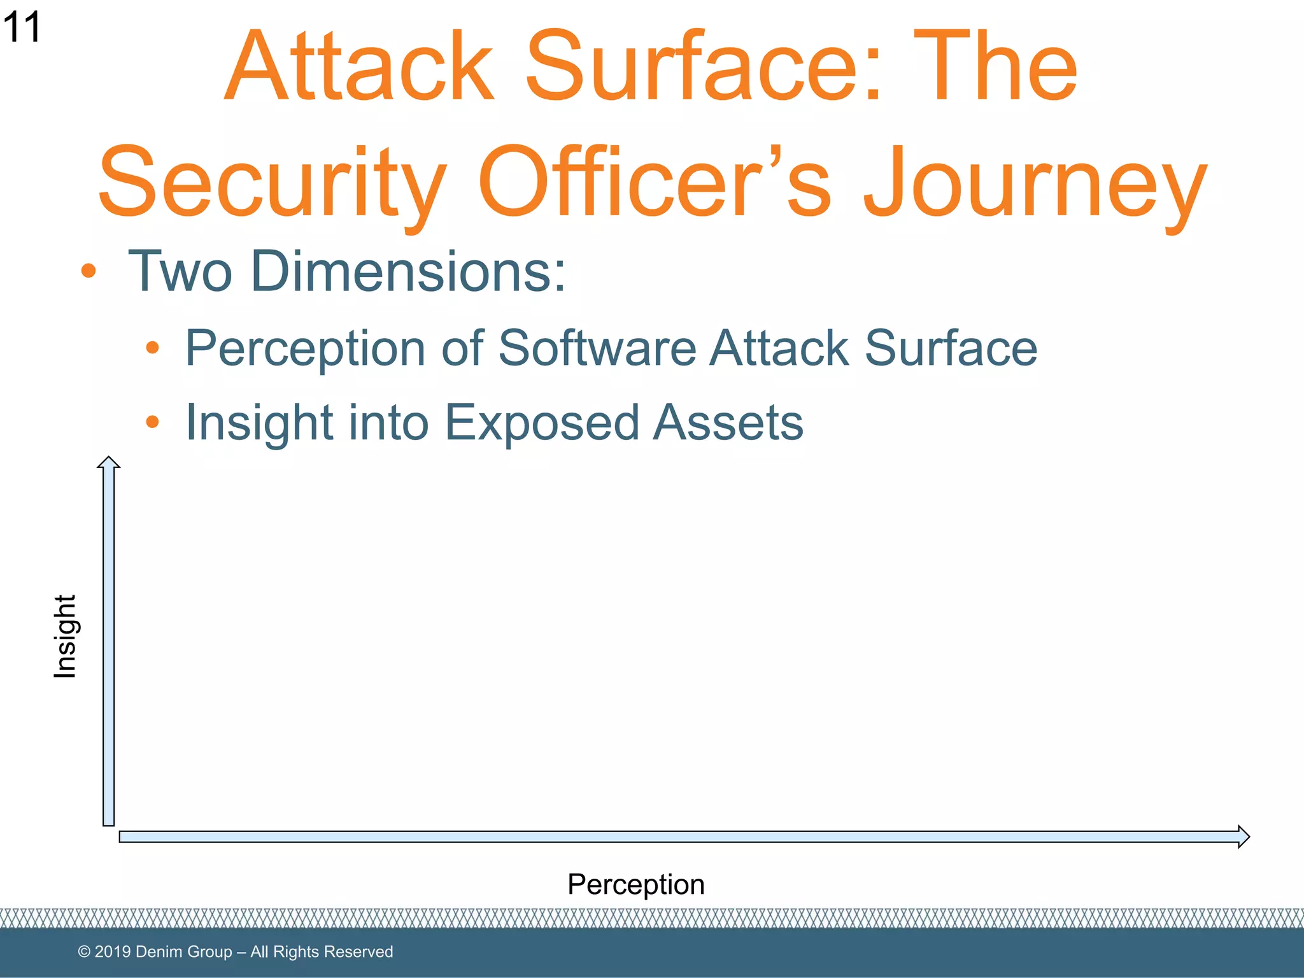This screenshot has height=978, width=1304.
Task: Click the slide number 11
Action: (x=22, y=28)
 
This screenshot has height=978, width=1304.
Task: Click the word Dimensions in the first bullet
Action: (x=408, y=272)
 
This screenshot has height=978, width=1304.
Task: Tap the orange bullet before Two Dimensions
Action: (x=89, y=271)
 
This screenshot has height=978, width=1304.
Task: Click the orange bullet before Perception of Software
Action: (x=152, y=348)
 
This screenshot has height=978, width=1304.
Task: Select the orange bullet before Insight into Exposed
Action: (x=152, y=422)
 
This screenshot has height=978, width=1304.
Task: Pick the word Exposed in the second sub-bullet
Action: (x=541, y=423)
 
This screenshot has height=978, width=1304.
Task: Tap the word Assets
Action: (x=728, y=423)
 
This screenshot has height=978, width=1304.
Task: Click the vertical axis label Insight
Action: (x=65, y=637)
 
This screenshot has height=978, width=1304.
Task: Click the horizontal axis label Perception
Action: (x=635, y=884)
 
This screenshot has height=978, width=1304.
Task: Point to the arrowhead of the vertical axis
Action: (x=109, y=463)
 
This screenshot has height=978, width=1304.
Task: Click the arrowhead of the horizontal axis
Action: (x=1243, y=837)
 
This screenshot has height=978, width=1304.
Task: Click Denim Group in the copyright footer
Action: (x=184, y=952)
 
